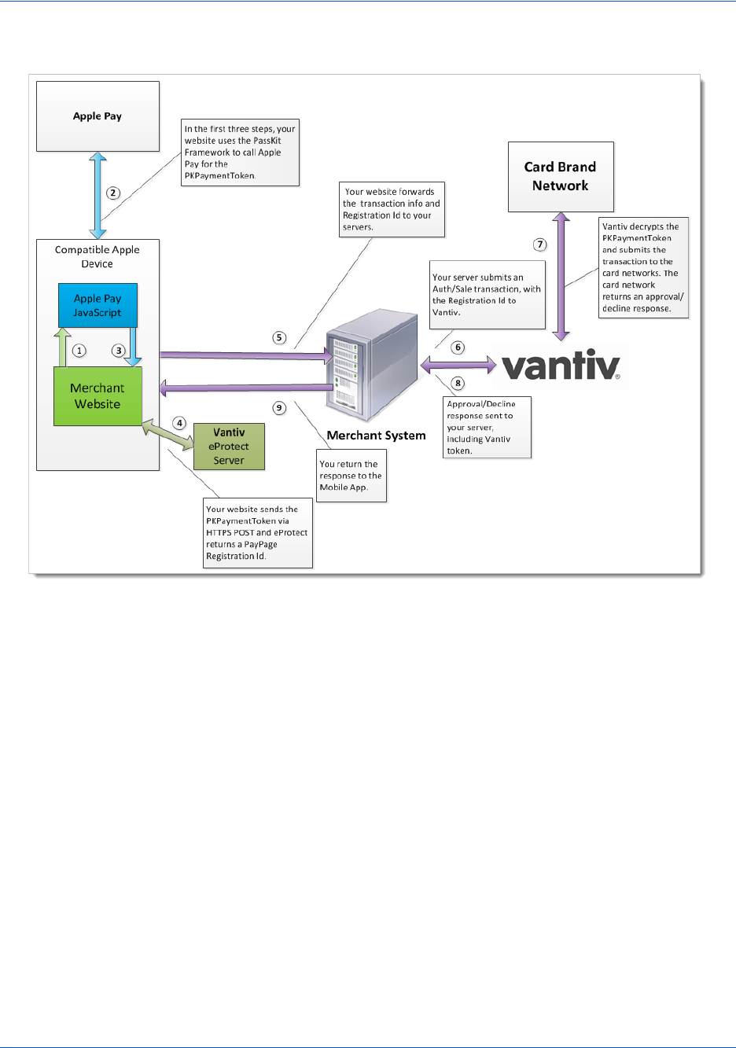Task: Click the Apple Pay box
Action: coord(98,116)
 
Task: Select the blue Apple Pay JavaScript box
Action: coord(98,305)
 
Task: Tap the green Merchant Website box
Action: coord(98,395)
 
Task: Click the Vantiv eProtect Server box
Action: coord(230,447)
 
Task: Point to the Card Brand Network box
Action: coord(561,176)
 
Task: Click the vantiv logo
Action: coord(561,365)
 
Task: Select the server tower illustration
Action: coord(372,366)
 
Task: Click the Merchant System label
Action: coord(376,435)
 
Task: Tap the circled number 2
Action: coord(112,193)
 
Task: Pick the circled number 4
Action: coord(179,424)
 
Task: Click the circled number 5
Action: coord(279,337)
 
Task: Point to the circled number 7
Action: coord(540,245)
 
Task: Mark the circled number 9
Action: coord(279,408)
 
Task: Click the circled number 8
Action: coord(458,384)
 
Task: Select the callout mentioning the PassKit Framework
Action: coord(240,153)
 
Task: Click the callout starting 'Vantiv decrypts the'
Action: coord(643,267)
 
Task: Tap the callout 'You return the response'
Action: coord(351,476)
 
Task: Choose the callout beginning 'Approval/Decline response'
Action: coord(487,427)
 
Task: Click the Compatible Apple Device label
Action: coord(98,256)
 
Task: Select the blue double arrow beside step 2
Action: coord(98,195)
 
